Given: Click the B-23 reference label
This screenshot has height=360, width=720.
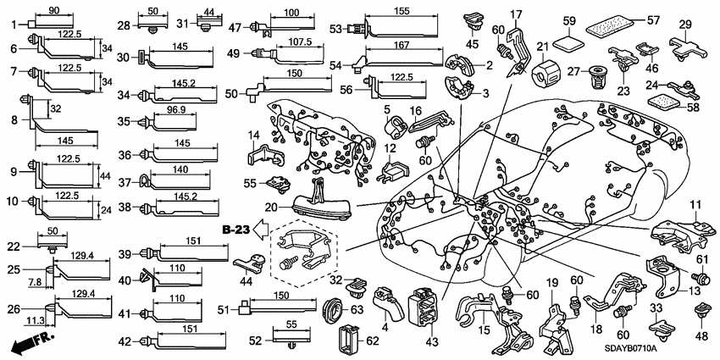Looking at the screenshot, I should tap(237, 229).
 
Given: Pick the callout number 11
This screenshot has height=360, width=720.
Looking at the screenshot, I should tap(695, 203).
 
